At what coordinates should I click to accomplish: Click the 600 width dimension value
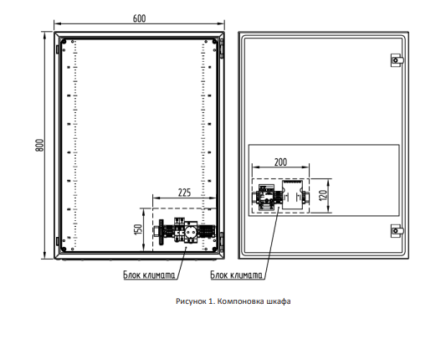[x=139, y=18]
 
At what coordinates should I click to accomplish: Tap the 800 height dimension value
[x=39, y=145]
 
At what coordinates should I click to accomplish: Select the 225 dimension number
[x=184, y=193]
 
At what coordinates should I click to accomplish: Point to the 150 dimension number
[x=138, y=229]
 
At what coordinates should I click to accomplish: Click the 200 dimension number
[x=280, y=162]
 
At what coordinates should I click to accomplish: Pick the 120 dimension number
[x=323, y=195]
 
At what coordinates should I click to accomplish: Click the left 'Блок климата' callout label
[x=149, y=275]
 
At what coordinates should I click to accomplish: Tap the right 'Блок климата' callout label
[x=236, y=275]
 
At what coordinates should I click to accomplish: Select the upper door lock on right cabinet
[x=397, y=60]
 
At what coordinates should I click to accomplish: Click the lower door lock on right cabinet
[x=397, y=231]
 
